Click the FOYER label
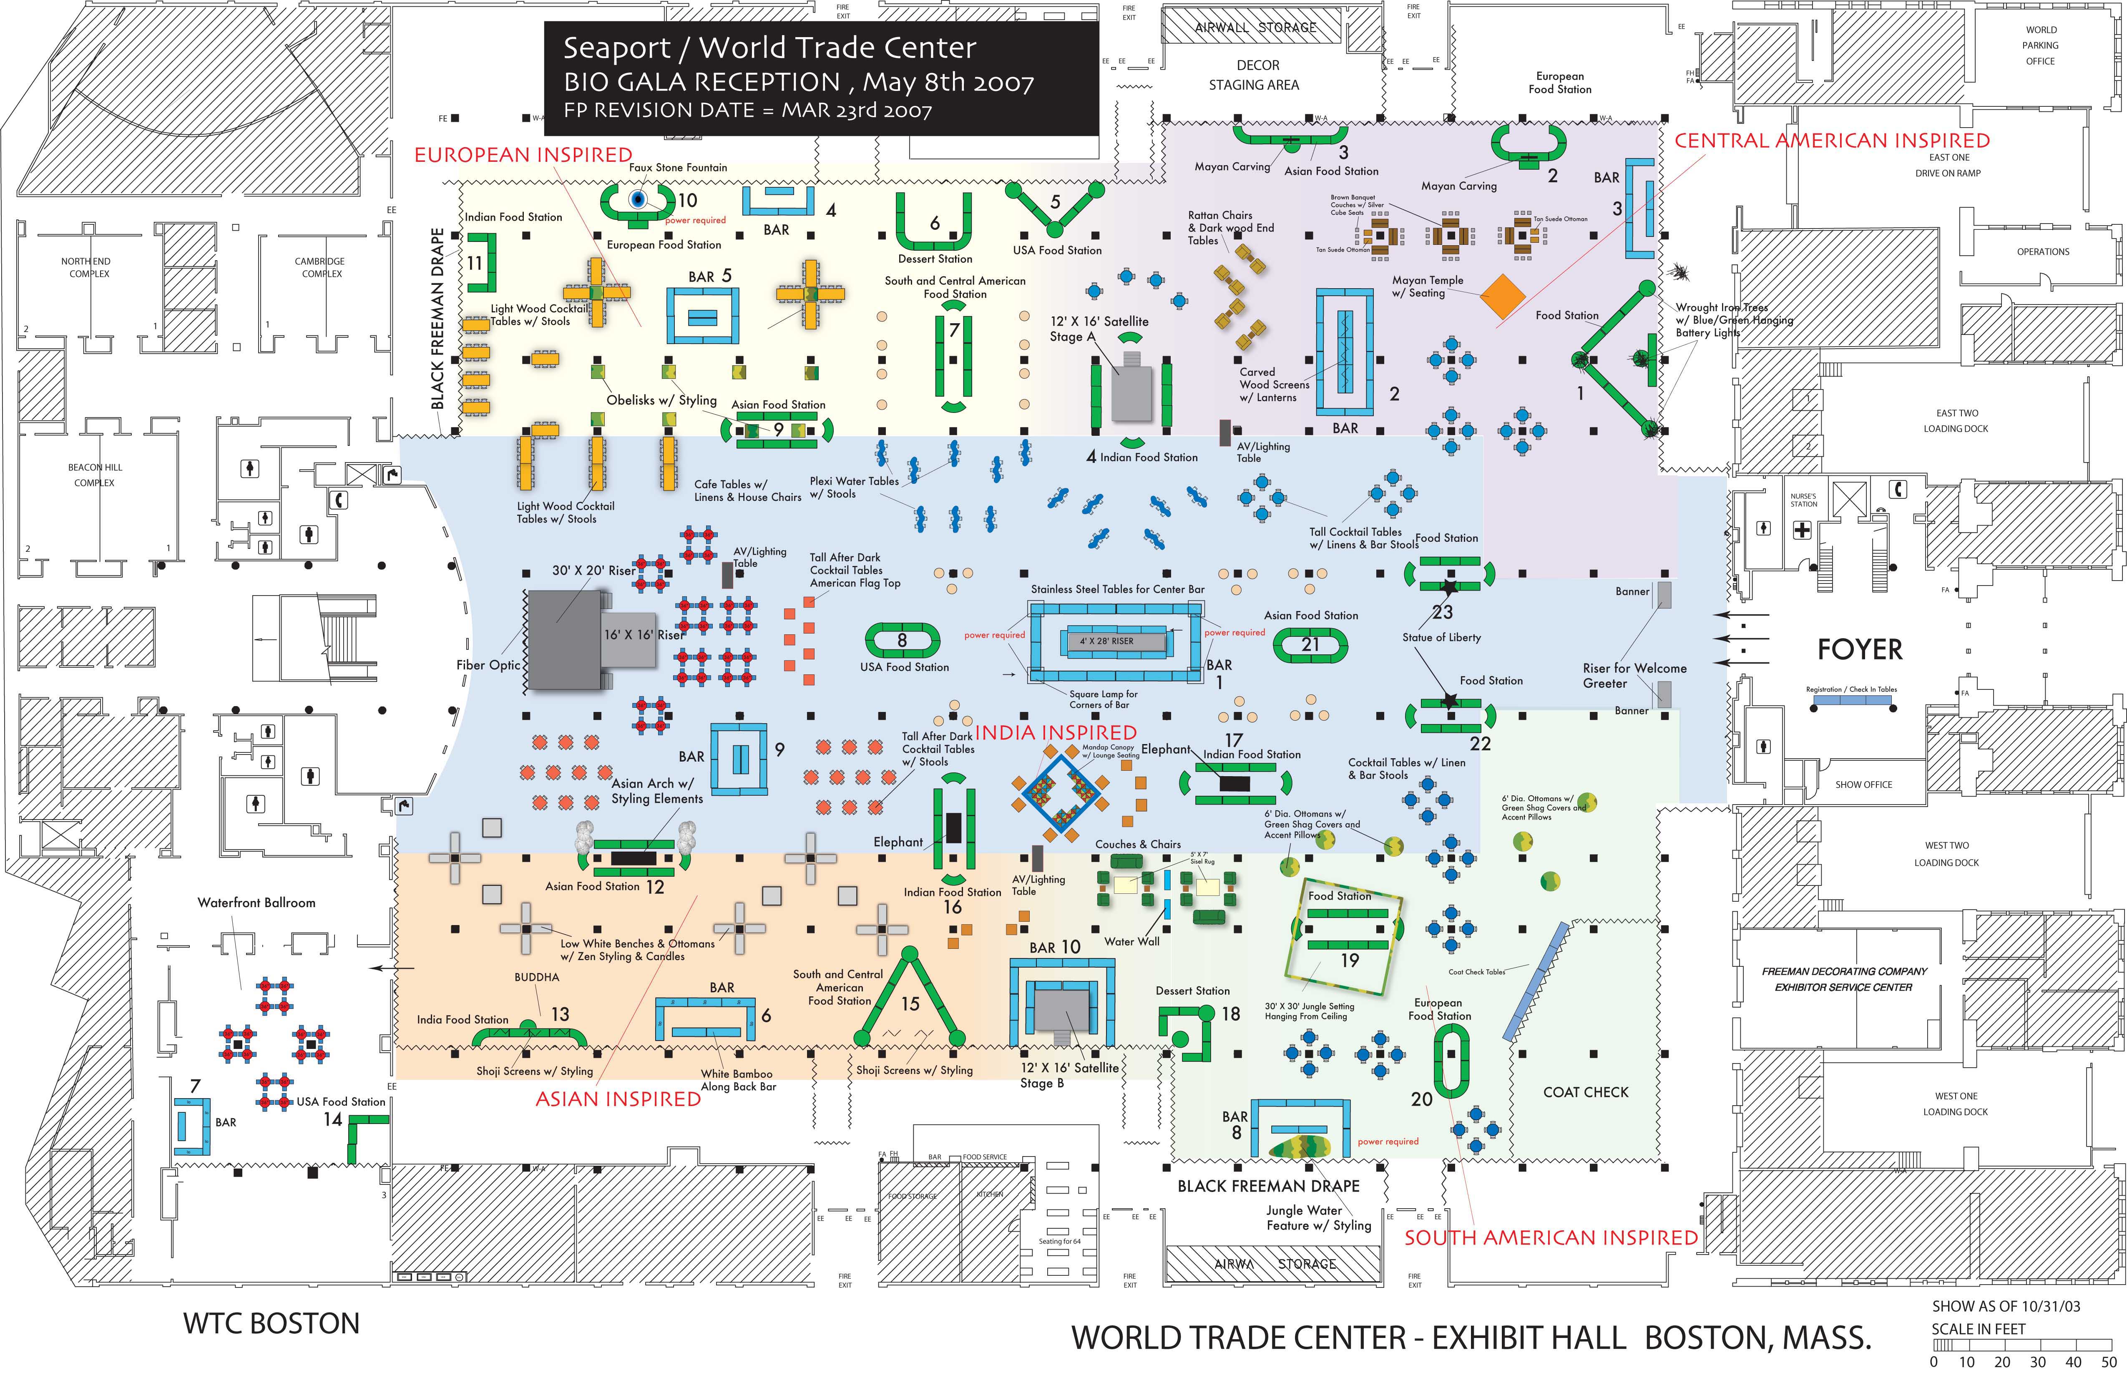(1860, 650)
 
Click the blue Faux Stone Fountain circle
(637, 199)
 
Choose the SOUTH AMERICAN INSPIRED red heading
(1551, 1238)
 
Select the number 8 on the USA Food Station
(902, 640)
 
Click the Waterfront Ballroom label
(256, 903)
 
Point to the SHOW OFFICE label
(1863, 785)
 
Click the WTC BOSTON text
(271, 1323)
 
